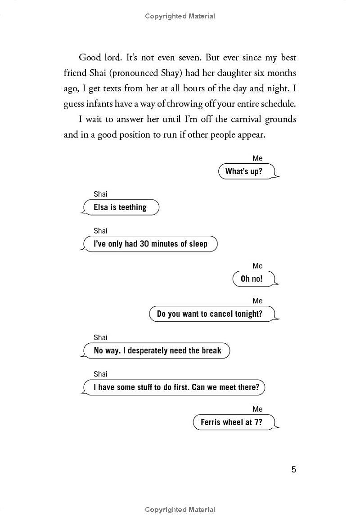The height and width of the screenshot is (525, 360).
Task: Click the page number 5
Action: click(294, 470)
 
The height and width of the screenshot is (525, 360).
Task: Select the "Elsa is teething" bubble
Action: click(120, 207)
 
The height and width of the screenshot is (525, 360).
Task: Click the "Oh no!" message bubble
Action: click(252, 278)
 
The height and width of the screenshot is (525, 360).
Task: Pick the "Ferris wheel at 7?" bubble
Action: click(231, 422)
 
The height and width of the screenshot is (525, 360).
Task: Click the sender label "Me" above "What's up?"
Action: click(257, 158)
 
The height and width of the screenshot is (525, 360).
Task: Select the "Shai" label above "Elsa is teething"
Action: click(100, 194)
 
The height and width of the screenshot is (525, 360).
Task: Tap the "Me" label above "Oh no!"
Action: click(257, 266)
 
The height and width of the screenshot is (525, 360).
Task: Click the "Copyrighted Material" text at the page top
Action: click(180, 16)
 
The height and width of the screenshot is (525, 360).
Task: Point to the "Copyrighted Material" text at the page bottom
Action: click(180, 510)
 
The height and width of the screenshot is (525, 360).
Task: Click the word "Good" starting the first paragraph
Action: click(90, 58)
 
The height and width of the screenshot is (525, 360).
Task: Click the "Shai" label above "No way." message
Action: click(100, 337)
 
